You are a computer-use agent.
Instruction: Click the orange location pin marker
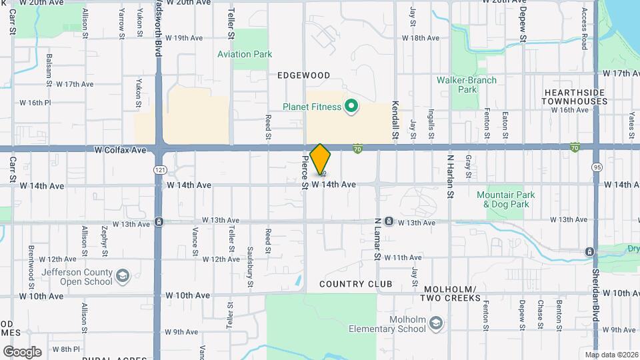coord(321,159)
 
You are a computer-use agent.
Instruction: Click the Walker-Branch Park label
coord(467,85)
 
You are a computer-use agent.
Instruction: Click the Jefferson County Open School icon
coord(123,275)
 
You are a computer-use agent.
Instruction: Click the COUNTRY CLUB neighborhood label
coord(355,284)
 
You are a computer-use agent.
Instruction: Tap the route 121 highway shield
coord(159,170)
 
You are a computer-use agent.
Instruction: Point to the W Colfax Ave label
coord(120,151)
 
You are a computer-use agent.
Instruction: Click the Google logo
coord(22,351)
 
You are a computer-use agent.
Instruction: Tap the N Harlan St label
coord(450,167)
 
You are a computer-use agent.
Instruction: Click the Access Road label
coord(584,28)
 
